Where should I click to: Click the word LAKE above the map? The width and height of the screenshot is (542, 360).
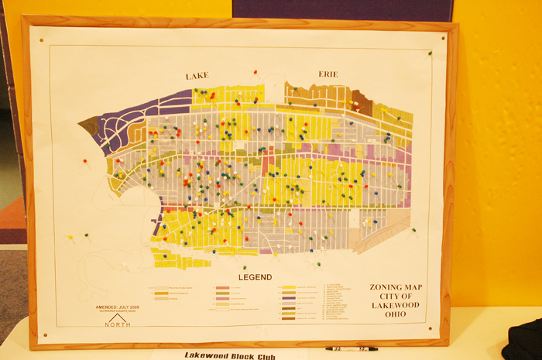197,76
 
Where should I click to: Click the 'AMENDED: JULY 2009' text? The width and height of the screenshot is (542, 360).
118,307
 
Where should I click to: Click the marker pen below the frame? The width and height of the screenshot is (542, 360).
351,349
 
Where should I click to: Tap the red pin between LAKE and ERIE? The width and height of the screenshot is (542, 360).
255,72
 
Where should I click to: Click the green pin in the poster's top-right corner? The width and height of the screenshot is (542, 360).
427,53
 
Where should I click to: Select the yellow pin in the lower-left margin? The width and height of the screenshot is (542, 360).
70,237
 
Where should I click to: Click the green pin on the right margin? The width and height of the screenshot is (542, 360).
413,230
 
